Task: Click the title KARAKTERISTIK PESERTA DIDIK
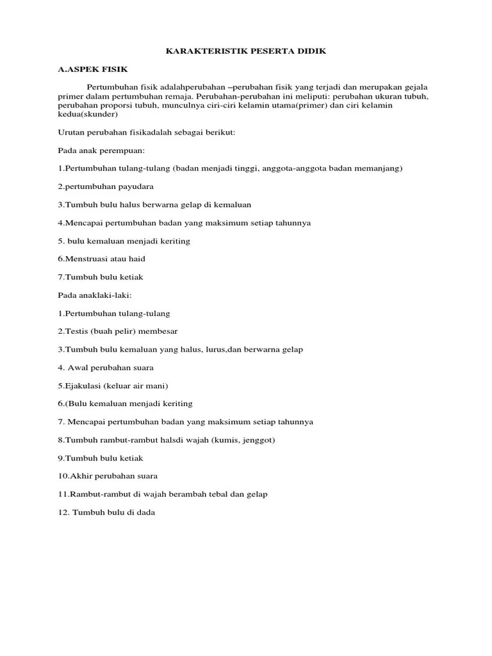(x=246, y=51)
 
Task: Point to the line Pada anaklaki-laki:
(x=94, y=295)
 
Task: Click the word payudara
(x=135, y=186)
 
